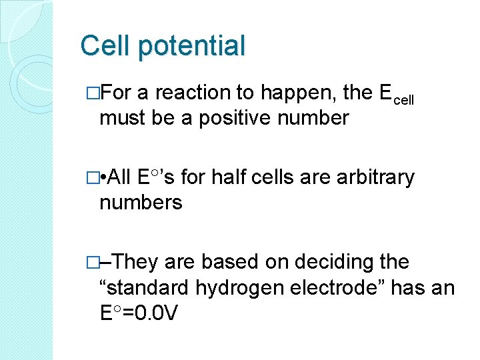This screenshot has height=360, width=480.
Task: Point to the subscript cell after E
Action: pyautogui.click(x=403, y=99)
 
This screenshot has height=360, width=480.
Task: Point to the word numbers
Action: pyautogui.click(x=141, y=202)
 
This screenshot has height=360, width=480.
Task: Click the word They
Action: pyautogui.click(x=137, y=262)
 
